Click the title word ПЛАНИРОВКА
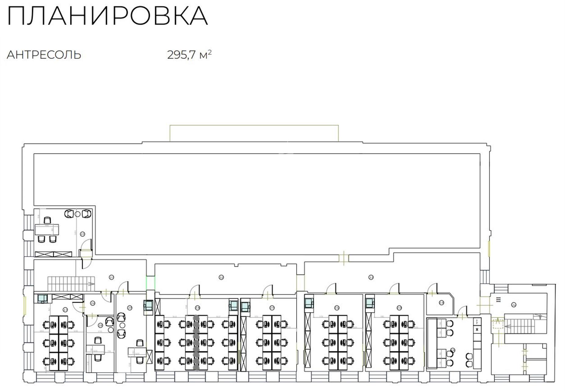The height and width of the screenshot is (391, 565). [107, 16]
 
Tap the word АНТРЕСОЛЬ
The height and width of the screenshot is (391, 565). [44, 55]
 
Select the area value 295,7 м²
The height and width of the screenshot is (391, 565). [189, 55]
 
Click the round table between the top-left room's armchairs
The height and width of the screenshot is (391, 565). [78, 214]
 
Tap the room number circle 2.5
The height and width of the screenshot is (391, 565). [82, 234]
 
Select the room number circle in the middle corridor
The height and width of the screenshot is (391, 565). [221, 277]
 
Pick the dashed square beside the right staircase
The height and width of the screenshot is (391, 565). [498, 323]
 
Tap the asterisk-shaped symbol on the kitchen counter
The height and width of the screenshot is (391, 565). [477, 329]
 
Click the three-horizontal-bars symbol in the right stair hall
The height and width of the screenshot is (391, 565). [499, 300]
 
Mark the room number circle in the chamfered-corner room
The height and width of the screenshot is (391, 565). [441, 303]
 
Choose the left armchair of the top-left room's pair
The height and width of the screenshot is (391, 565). [70, 214]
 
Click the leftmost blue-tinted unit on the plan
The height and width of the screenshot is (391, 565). [42, 298]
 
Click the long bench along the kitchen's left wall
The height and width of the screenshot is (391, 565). [431, 343]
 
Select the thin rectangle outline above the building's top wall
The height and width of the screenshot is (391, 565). [254, 133]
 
